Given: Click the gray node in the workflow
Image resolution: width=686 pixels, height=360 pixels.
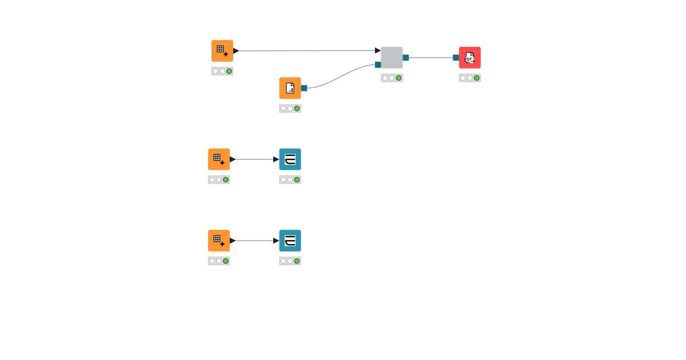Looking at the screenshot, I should coord(392,57).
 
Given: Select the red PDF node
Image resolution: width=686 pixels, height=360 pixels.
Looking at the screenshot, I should coord(469,57).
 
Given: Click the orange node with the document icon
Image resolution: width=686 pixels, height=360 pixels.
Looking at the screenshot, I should coord(290,88).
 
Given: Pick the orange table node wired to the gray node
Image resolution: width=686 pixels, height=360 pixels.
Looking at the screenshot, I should coord(222,51).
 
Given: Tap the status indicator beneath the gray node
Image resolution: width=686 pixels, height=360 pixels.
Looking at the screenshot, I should coord(392,78).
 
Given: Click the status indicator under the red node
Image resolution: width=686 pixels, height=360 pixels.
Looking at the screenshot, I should coord(469,78).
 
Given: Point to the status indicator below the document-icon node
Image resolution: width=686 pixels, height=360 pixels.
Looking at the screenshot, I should coord(290,109).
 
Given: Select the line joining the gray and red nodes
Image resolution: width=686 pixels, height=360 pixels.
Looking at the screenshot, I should coord(432,57).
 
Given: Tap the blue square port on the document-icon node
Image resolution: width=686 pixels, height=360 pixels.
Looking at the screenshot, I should coord(304,88).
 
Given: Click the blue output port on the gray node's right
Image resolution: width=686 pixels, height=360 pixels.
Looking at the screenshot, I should coord(406,57).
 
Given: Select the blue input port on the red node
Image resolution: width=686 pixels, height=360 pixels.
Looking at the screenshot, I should coord(456,57).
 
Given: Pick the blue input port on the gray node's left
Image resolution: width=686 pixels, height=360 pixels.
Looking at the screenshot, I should coord(378,65).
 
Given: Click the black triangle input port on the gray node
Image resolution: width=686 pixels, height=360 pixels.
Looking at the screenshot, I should coord(378,50).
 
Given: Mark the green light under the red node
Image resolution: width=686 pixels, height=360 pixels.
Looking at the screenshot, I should coord(476,78).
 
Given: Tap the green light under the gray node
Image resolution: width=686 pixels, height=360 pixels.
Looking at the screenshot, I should coord(398,78).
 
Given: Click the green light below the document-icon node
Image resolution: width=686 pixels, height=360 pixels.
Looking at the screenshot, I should coord(297,109).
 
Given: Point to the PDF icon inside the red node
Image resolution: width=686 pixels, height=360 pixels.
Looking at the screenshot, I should coord(469,58).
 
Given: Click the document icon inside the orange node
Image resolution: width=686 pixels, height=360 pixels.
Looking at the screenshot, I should coord(290,88).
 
